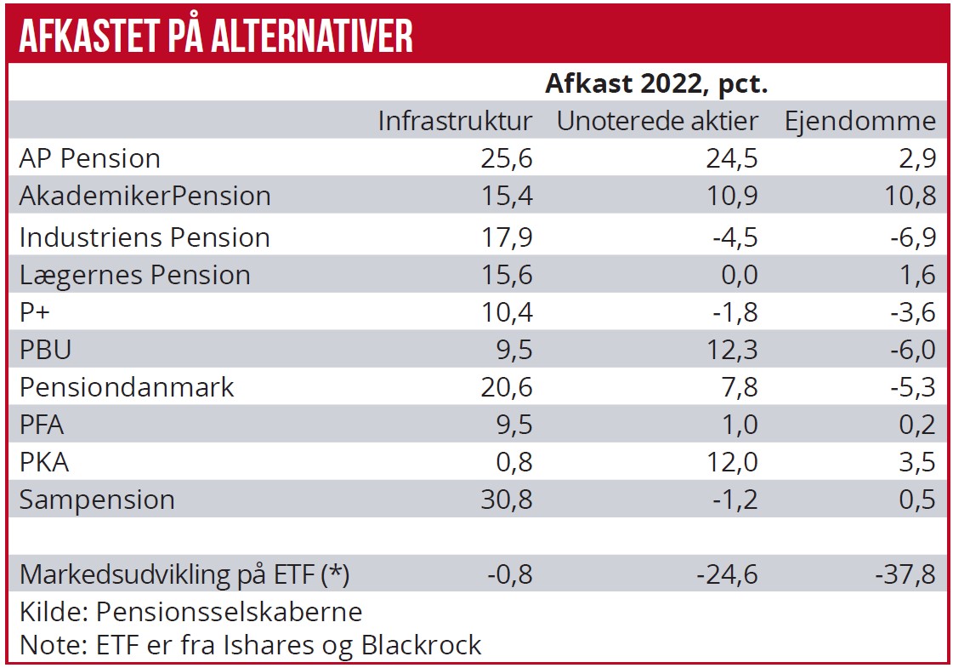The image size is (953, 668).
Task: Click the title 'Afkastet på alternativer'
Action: pyautogui.click(x=216, y=35)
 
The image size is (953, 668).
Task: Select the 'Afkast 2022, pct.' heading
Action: pyautogui.click(x=656, y=85)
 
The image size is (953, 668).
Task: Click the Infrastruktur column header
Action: pyautogui.click(x=455, y=121)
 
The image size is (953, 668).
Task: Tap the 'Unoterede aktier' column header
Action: pyautogui.click(x=656, y=121)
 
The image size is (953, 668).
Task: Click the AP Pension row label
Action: pyautogui.click(x=89, y=158)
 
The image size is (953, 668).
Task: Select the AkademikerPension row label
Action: pyautogui.click(x=145, y=196)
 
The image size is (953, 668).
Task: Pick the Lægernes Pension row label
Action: pyautogui.click(x=134, y=275)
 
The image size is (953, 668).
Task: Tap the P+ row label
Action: pyautogui.click(x=37, y=313)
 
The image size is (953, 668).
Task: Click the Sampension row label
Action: pyautogui.click(x=97, y=500)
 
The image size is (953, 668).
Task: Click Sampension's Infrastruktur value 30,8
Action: pyautogui.click(x=508, y=500)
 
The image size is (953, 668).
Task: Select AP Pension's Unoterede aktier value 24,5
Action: pyautogui.click(x=732, y=158)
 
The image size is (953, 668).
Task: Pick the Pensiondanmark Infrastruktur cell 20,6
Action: pyautogui.click(x=508, y=387)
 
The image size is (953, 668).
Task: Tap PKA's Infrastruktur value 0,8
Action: pyautogui.click(x=513, y=462)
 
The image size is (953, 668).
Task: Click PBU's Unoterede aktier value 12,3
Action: pyautogui.click(x=732, y=350)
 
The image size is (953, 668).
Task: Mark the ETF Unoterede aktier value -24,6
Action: pyautogui.click(x=727, y=574)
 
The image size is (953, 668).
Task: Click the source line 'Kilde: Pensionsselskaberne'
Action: pyautogui.click(x=190, y=611)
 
